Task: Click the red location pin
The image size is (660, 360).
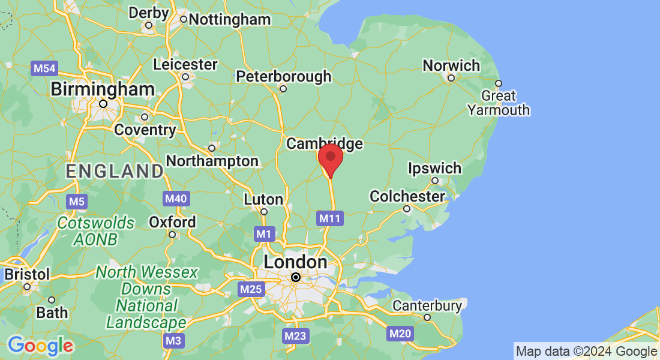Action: (330, 158)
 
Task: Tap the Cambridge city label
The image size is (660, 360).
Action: (325, 143)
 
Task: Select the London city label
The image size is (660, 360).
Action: (295, 262)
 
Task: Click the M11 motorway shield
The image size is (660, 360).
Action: (330, 218)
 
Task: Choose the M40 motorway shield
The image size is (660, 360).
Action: (176, 199)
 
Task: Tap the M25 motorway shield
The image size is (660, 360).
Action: (251, 290)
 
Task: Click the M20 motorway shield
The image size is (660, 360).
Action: (400, 334)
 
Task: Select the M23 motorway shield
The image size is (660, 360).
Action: (296, 336)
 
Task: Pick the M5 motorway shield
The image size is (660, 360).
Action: (77, 201)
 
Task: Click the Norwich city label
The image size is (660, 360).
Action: (451, 65)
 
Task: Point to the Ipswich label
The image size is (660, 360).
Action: (434, 168)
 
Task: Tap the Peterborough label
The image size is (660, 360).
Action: (283, 77)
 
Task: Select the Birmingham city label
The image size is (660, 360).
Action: (103, 90)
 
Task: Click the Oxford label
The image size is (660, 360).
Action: (172, 222)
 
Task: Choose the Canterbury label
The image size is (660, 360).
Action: (427, 306)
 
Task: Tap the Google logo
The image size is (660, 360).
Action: (41, 346)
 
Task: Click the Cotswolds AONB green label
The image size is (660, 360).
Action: (96, 231)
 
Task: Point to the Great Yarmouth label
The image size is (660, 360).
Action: (499, 103)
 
